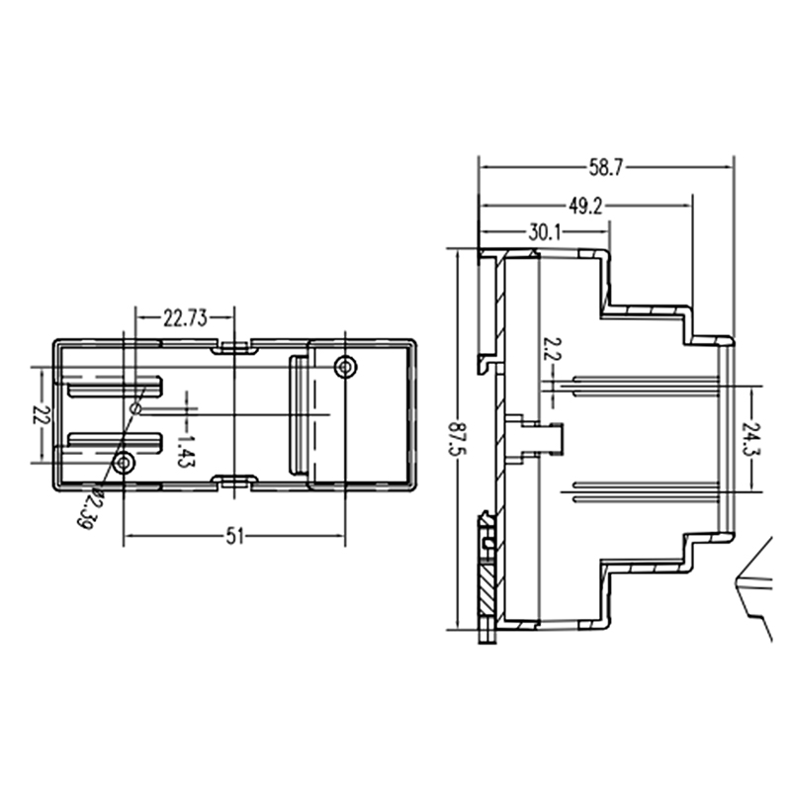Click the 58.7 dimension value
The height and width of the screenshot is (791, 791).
pyautogui.click(x=606, y=167)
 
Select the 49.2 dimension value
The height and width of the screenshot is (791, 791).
pyautogui.click(x=585, y=206)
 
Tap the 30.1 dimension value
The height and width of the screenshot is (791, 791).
pyautogui.click(x=545, y=232)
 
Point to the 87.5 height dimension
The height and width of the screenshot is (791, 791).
pyautogui.click(x=458, y=438)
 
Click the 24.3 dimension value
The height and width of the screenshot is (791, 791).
pyautogui.click(x=751, y=438)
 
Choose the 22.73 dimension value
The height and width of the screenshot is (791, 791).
pyautogui.click(x=185, y=318)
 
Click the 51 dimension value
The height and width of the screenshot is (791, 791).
pyautogui.click(x=234, y=536)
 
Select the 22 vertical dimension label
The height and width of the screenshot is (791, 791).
pyautogui.click(x=42, y=414)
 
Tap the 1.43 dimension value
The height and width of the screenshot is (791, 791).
pyautogui.click(x=186, y=451)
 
